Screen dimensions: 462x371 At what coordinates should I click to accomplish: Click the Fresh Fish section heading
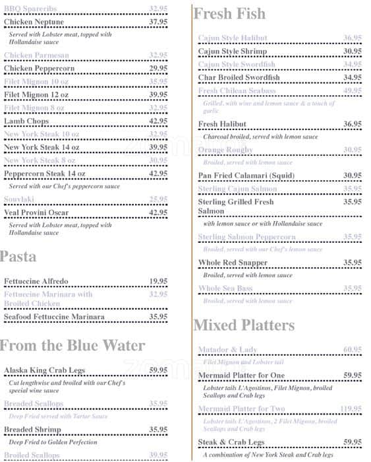(229, 14)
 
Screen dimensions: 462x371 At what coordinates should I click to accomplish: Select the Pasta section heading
(18, 256)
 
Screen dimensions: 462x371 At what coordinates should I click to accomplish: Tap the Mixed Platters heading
(244, 325)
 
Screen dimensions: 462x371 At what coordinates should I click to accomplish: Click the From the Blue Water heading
(72, 345)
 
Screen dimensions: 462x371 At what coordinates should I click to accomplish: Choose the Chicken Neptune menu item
(34, 22)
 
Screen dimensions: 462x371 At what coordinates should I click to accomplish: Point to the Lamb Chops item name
(26, 121)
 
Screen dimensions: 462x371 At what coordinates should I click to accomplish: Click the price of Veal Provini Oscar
(158, 213)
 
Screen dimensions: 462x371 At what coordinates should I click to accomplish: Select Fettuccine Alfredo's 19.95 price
(158, 281)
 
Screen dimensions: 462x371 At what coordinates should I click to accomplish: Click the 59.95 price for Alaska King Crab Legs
(158, 370)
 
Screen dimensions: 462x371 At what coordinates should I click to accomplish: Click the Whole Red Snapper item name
(233, 263)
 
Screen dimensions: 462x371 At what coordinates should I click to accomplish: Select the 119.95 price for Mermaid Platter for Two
(351, 409)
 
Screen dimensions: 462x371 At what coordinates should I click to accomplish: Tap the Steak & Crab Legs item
(231, 442)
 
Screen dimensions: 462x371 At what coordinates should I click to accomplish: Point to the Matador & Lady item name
(228, 350)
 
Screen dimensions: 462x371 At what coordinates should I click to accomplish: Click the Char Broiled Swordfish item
(239, 78)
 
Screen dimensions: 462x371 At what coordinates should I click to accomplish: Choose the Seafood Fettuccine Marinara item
(54, 317)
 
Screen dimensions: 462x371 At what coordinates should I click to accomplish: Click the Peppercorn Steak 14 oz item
(45, 174)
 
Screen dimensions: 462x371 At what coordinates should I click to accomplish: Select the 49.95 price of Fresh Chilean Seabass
(353, 91)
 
